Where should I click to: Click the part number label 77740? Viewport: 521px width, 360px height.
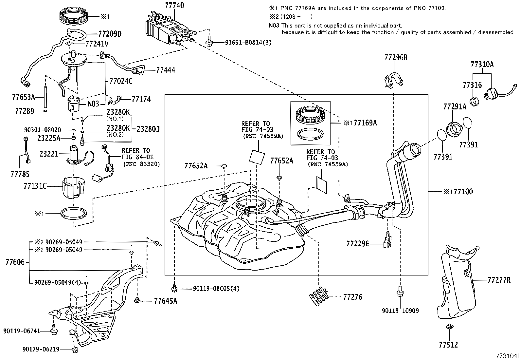[x=174, y=6]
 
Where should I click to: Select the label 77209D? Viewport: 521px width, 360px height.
[x=110, y=34]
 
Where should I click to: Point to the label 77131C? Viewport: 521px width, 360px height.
[x=35, y=186]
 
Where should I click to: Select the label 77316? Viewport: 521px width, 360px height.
[x=472, y=85]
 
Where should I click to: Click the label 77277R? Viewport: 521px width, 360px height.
[x=499, y=280]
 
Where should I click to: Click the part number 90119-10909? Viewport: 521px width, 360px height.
[x=400, y=311]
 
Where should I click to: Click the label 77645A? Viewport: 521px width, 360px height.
[x=165, y=301]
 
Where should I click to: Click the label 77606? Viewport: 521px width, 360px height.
[x=15, y=262]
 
